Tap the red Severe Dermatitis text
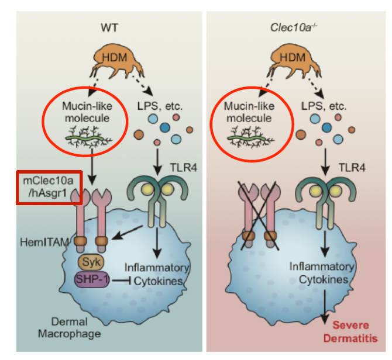pos(353,330)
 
